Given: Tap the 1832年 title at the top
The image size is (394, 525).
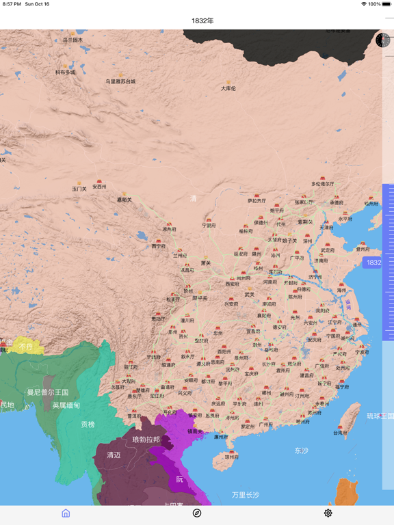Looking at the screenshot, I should click(202, 21).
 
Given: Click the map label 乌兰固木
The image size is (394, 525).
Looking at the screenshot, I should click(73, 40).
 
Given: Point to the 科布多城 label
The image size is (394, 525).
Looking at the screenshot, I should click(66, 72).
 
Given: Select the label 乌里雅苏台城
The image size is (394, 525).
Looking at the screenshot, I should click(120, 81).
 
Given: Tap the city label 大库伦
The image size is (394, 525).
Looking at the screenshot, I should click(228, 88).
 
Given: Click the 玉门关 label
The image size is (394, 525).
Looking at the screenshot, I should click(79, 188).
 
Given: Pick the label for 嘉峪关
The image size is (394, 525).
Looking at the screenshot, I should click(124, 200).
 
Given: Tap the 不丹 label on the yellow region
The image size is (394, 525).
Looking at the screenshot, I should click(26, 347).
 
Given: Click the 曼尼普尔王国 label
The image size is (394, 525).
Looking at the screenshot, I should click(48, 392).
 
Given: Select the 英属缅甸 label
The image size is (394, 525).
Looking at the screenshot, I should click(66, 405).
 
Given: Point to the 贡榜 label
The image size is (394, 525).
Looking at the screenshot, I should click(88, 425).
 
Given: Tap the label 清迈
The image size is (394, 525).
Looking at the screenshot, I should click(114, 455).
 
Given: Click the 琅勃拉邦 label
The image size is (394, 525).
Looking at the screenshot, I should click(146, 440).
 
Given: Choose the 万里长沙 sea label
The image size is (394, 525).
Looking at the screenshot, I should click(245, 494).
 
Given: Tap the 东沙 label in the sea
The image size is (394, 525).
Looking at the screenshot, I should click(302, 450).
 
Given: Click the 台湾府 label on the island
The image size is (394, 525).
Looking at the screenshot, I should click(341, 432).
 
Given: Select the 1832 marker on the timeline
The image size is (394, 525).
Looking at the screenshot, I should click(373, 262).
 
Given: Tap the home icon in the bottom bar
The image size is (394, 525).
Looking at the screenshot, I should click(66, 513).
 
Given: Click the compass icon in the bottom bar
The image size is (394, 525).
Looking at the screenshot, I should click(197, 513).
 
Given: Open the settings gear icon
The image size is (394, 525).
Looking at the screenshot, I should click(328, 513).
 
